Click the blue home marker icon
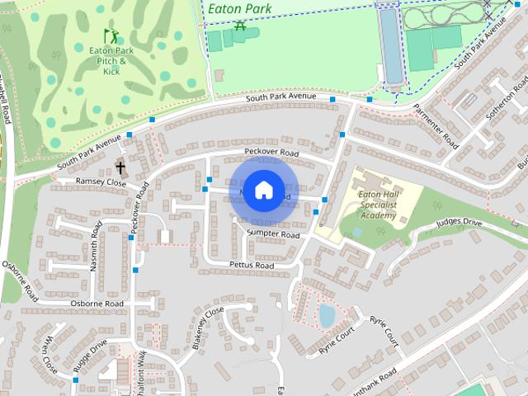pyautogui.click(x=263, y=190)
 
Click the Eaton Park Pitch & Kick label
pyautogui.click(x=111, y=61)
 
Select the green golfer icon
pyautogui.click(x=111, y=35)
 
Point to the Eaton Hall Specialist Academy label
pyautogui.click(x=378, y=204)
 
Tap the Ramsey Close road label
pyautogui.click(x=101, y=181)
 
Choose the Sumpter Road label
pyautogui.click(x=272, y=234)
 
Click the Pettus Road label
pyautogui.click(x=251, y=266)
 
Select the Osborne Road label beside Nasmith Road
pyautogui.click(x=97, y=304)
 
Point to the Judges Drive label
pyautogui.click(x=458, y=222)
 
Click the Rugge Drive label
pyautogui.click(x=89, y=355)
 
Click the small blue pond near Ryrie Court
pyautogui.click(x=328, y=315)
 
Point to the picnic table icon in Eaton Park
pyautogui.click(x=240, y=26)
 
